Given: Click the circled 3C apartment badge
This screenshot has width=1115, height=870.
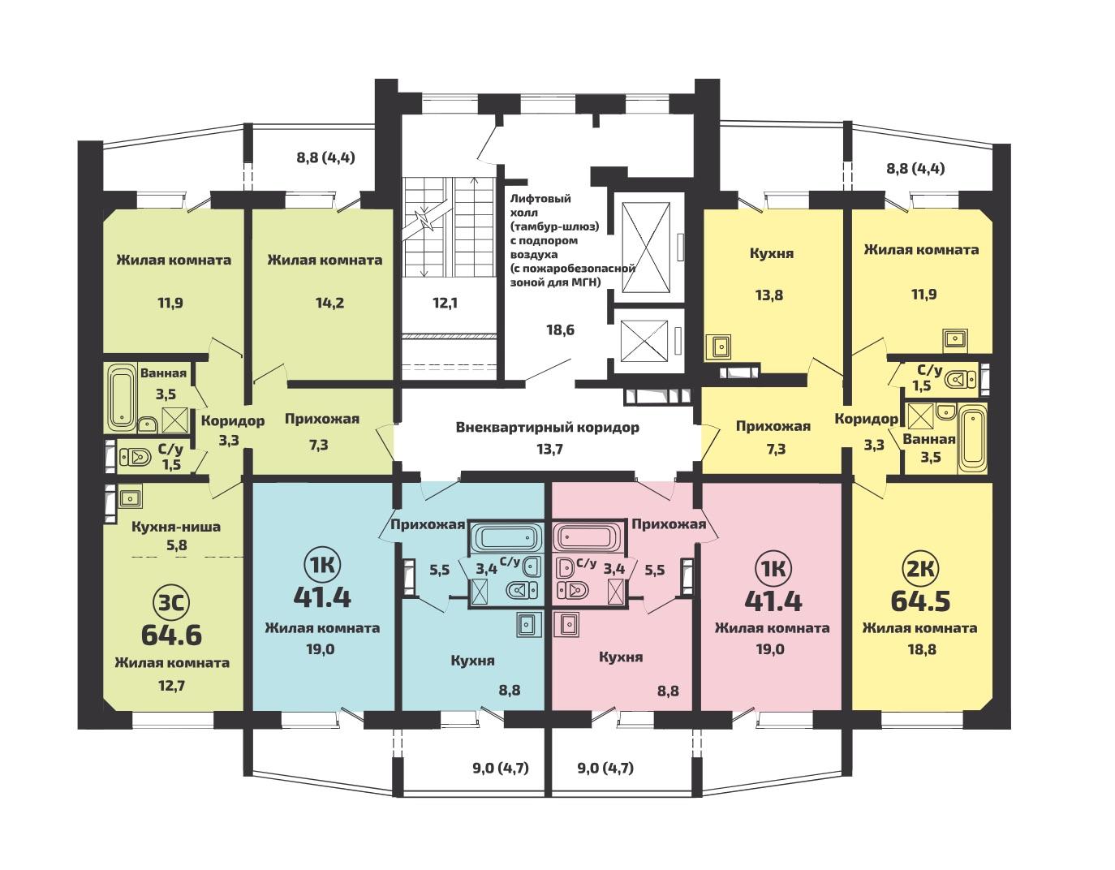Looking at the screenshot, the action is point(171,603).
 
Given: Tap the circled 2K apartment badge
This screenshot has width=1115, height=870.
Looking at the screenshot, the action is point(920,570).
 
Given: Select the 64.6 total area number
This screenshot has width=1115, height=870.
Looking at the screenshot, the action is point(171,635).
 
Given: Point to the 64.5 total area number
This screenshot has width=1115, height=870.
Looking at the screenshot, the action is point(920,601).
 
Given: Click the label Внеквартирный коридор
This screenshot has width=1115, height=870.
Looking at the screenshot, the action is point(548,428).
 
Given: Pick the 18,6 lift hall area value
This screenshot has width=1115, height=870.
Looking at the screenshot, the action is point(560,329).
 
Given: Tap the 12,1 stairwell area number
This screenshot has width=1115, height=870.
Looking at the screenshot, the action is point(445,304).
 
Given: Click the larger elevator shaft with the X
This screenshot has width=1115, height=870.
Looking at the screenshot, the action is point(645,248).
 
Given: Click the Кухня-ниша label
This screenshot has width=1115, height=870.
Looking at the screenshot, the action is point(176,527).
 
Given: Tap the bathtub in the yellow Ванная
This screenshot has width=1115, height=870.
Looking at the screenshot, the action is point(971,438).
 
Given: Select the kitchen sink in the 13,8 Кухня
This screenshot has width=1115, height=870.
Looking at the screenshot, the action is point(718,347).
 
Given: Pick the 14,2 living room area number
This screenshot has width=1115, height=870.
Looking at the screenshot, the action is point(329,304).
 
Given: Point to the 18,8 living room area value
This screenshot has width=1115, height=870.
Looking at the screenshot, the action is point(922,649).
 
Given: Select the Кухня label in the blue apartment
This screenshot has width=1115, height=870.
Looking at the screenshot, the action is point(472,660).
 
